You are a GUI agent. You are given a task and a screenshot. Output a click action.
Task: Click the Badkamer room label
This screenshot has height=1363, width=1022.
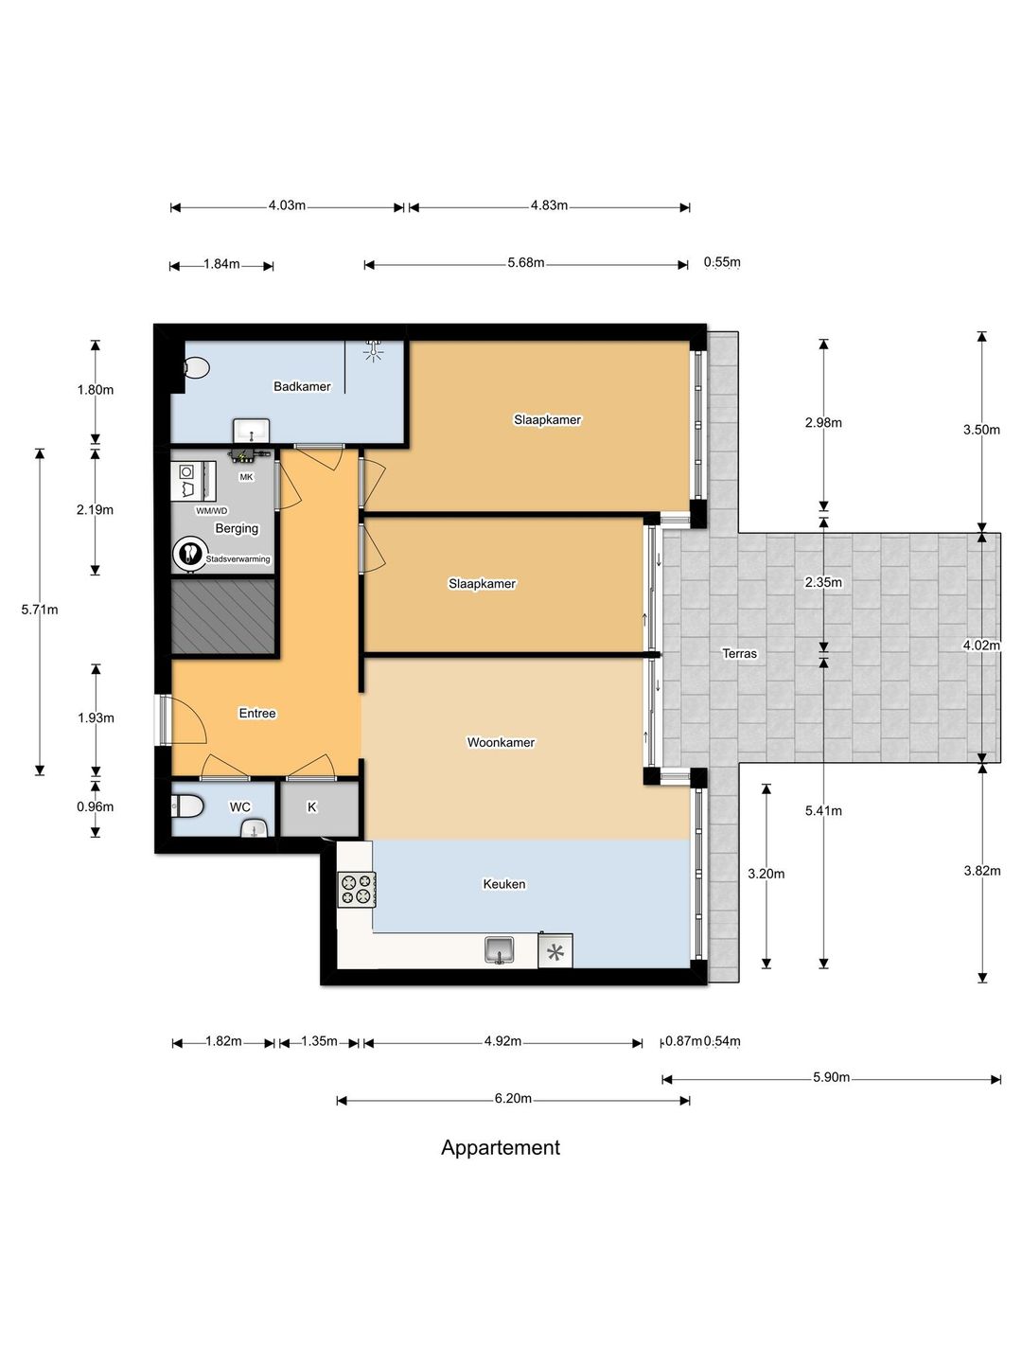coord(302,386)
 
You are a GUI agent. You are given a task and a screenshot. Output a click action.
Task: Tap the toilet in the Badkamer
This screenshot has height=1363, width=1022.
coord(197,367)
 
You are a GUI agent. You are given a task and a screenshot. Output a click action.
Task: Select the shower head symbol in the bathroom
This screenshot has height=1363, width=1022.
coord(372,350)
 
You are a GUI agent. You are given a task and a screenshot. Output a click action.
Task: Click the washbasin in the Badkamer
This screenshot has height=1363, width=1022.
coord(252,431)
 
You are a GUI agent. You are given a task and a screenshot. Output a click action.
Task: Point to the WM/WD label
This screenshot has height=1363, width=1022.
coord(212,510)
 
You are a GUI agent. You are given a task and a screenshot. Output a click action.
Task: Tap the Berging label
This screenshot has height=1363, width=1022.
coord(237,528)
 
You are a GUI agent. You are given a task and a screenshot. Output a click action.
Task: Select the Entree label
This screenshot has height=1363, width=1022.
coord(256,713)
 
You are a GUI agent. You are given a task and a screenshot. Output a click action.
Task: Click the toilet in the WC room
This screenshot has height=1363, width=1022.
coord(187,807)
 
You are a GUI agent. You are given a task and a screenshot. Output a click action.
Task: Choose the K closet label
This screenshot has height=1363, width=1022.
coord(311,806)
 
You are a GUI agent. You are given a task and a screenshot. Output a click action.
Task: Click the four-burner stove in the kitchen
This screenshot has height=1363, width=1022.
coord(357,889)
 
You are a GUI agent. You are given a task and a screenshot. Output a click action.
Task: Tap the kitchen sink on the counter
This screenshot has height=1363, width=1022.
coord(500,950)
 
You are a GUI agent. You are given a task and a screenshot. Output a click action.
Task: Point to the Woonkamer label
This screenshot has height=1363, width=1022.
coord(501,742)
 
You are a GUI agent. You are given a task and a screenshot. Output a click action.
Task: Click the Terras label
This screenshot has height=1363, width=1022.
coord(739,653)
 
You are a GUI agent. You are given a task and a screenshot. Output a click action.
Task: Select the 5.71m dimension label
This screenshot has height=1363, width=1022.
coord(40,610)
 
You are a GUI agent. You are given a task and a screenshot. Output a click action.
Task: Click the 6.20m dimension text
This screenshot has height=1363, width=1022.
coord(513,1099)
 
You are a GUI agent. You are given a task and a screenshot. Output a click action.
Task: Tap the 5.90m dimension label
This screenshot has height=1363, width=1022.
coord(831,1077)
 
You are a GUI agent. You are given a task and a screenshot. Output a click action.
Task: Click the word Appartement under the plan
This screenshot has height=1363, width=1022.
coord(501,1147)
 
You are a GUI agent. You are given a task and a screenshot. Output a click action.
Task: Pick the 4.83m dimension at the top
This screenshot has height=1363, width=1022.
coord(549,205)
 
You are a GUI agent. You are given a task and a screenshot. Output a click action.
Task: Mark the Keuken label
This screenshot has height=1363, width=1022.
coord(503,884)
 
